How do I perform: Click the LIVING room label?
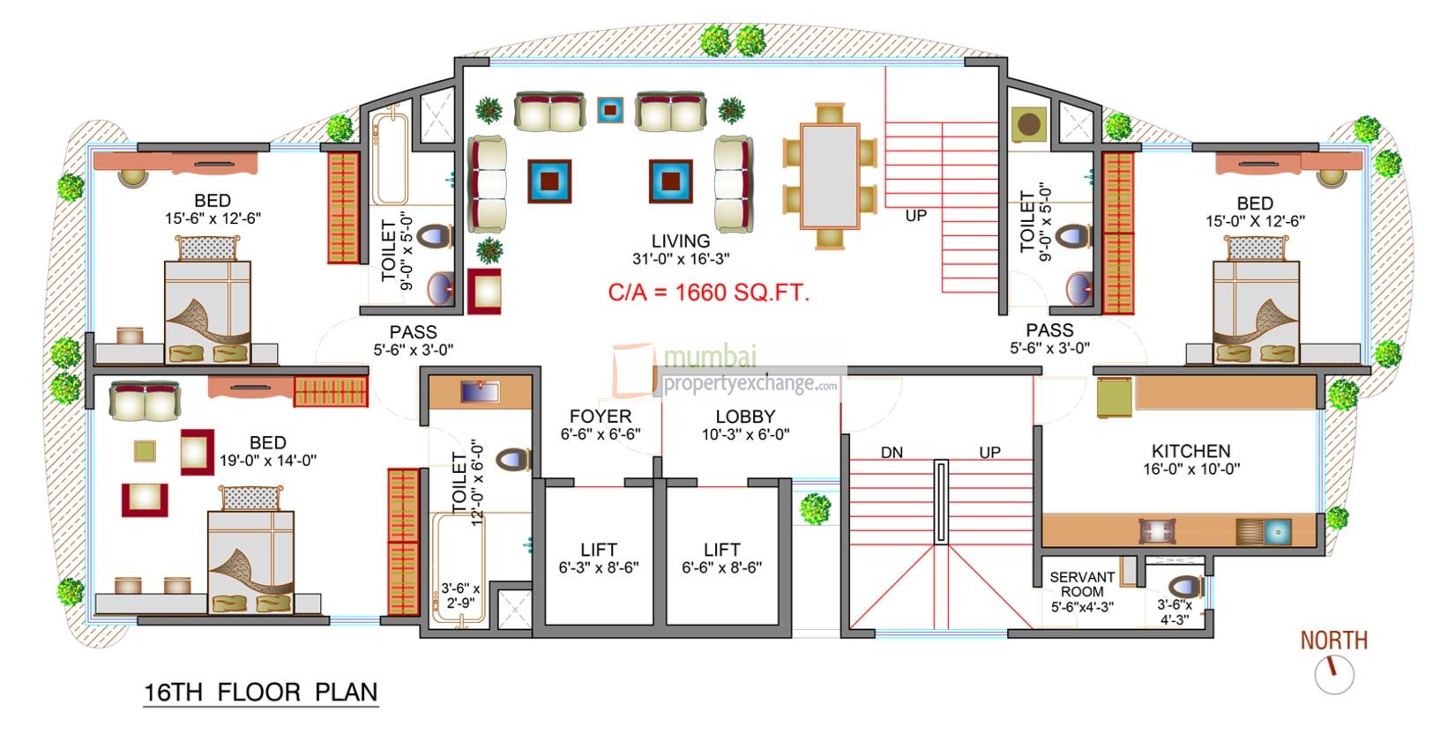click(680, 241)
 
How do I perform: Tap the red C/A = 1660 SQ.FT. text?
click(708, 292)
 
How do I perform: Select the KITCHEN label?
click(1190, 450)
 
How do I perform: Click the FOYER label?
click(601, 417)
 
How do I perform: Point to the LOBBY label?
click(745, 417)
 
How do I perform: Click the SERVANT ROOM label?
click(1082, 584)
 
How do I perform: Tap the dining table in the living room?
click(830, 176)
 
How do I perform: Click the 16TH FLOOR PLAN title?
click(261, 692)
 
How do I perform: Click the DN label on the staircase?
click(892, 453)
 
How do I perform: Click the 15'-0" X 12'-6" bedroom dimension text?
click(1255, 221)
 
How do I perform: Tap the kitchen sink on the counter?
click(1276, 531)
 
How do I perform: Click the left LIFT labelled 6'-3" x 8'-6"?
click(599, 559)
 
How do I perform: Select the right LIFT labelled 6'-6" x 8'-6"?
click(721, 559)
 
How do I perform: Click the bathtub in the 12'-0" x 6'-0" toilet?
click(459, 568)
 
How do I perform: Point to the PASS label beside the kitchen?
click(1049, 330)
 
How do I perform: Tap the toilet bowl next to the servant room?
click(1183, 586)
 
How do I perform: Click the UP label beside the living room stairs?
click(916, 216)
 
